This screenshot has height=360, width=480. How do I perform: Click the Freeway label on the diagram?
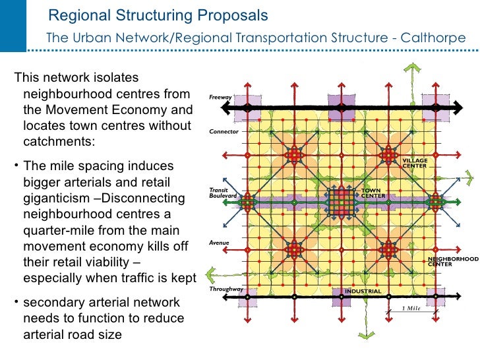click(x=220, y=98)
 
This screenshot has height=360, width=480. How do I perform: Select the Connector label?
click(x=224, y=131)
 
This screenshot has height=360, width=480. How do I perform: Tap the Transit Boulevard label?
click(x=219, y=192)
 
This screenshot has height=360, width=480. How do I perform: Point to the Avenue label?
click(x=219, y=243)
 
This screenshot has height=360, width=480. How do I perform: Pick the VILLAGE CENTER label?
click(x=415, y=163)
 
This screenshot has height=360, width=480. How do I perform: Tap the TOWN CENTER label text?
click(x=373, y=193)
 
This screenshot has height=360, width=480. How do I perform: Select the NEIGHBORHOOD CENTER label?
click(x=452, y=262)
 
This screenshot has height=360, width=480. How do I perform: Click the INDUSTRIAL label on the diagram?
click(x=363, y=291)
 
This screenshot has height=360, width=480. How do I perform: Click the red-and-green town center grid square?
click(x=341, y=200)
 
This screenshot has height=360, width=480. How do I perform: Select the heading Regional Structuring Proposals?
click(x=158, y=15)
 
